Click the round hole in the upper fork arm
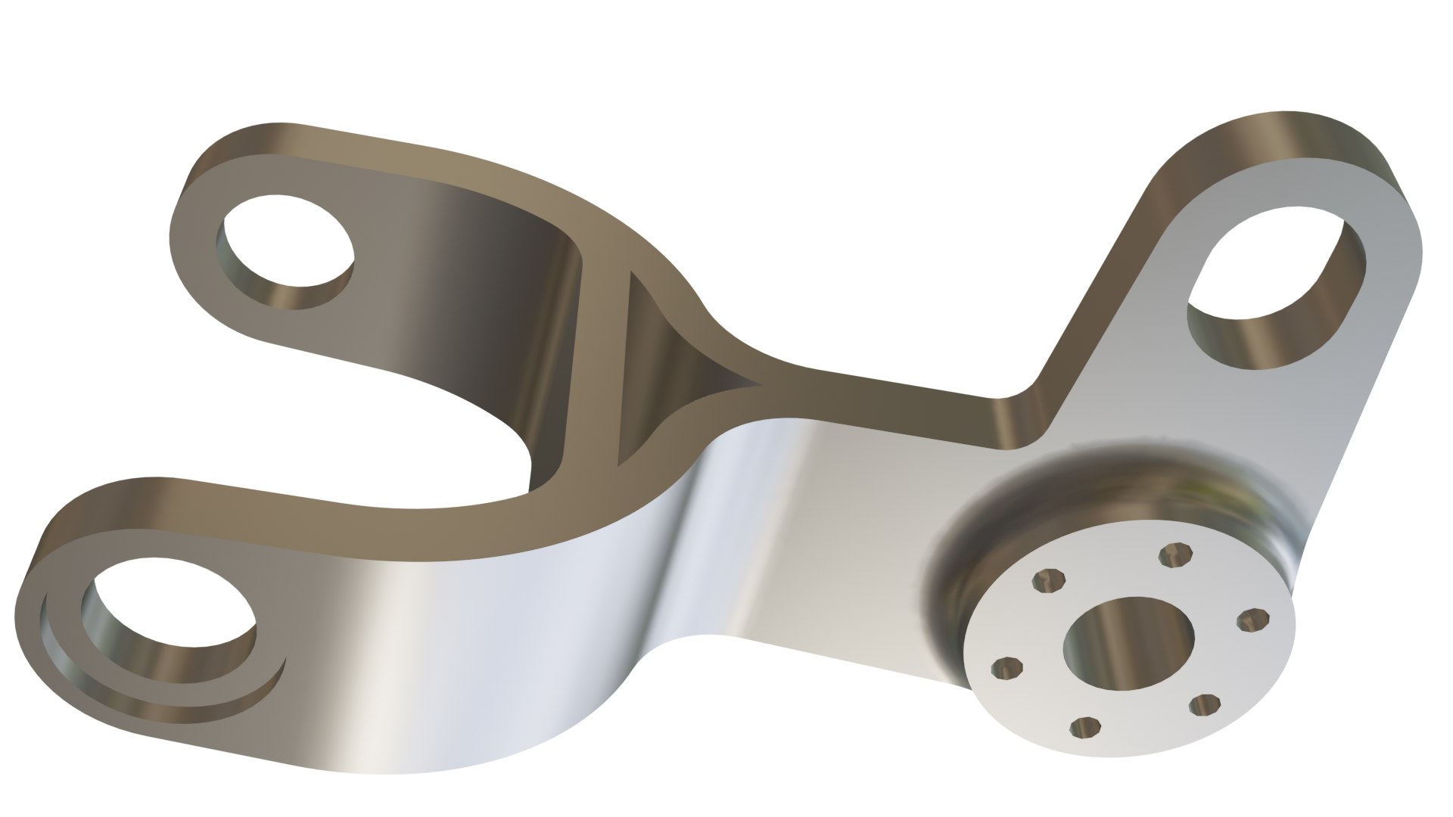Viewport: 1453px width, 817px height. [288, 250]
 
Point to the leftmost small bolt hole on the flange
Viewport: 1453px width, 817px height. [1007, 668]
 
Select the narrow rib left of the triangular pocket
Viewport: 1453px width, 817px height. [598, 363]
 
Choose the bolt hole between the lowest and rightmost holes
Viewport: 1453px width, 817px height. [1204, 705]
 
